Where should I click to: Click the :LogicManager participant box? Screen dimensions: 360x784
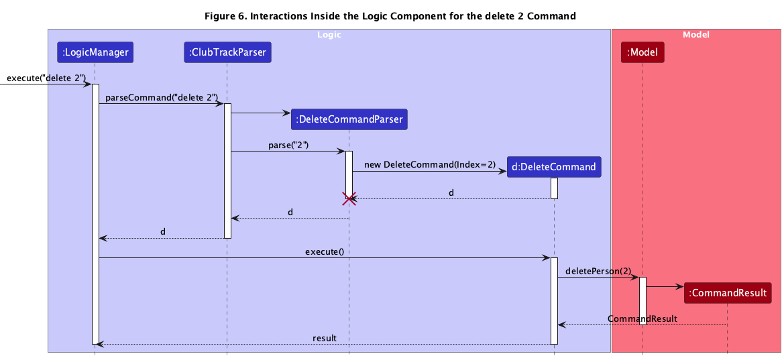coord(95,52)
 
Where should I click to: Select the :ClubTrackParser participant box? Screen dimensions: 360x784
coord(227,52)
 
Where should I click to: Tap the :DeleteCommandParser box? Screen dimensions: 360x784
coord(349,119)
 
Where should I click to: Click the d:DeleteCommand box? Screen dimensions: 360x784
coord(554,167)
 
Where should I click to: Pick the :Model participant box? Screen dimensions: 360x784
coord(642,52)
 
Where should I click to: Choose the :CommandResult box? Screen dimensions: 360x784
coord(727,292)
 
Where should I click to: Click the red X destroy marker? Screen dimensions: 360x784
coord(349,198)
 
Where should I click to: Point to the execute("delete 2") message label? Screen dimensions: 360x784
coord(46,78)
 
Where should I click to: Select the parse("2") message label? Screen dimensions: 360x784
coord(288,145)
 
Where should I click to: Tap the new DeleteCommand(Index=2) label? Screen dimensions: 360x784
coord(430,165)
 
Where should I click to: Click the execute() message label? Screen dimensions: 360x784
coord(324,252)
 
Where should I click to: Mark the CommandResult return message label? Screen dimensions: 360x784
coord(642,318)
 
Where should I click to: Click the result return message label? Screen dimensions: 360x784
coord(325,338)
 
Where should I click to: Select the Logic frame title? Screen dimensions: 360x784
coord(329,34)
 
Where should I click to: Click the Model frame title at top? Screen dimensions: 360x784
coord(695,34)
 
